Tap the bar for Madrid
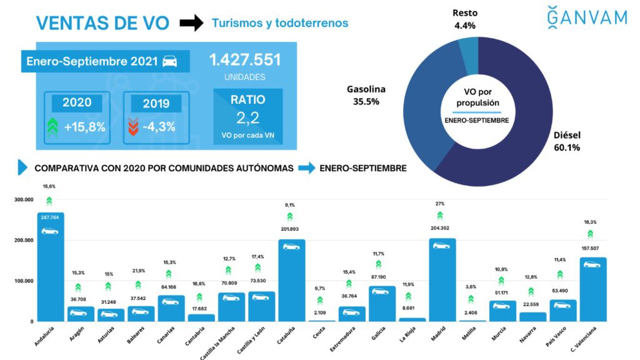[442, 281]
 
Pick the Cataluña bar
[291, 281]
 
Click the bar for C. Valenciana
[593, 291]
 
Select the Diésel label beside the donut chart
[567, 141]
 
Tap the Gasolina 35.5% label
[366, 96]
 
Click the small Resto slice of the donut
[468, 47]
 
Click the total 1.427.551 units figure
[244, 61]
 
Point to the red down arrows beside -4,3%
[132, 126]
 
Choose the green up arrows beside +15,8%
[54, 126]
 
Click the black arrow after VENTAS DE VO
[191, 24]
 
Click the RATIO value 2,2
[247, 118]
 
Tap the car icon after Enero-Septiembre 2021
[169, 62]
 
